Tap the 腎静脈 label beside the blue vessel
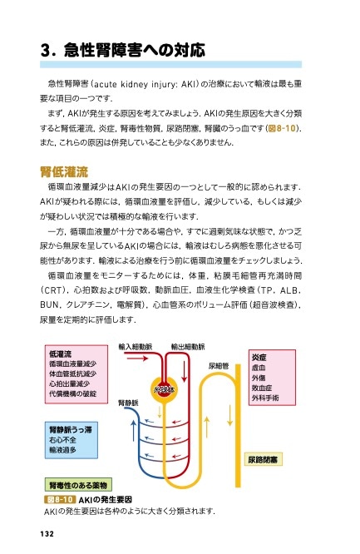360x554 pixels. point(130,403)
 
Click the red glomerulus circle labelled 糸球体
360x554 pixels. point(163,388)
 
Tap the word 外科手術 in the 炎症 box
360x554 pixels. point(265,398)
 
